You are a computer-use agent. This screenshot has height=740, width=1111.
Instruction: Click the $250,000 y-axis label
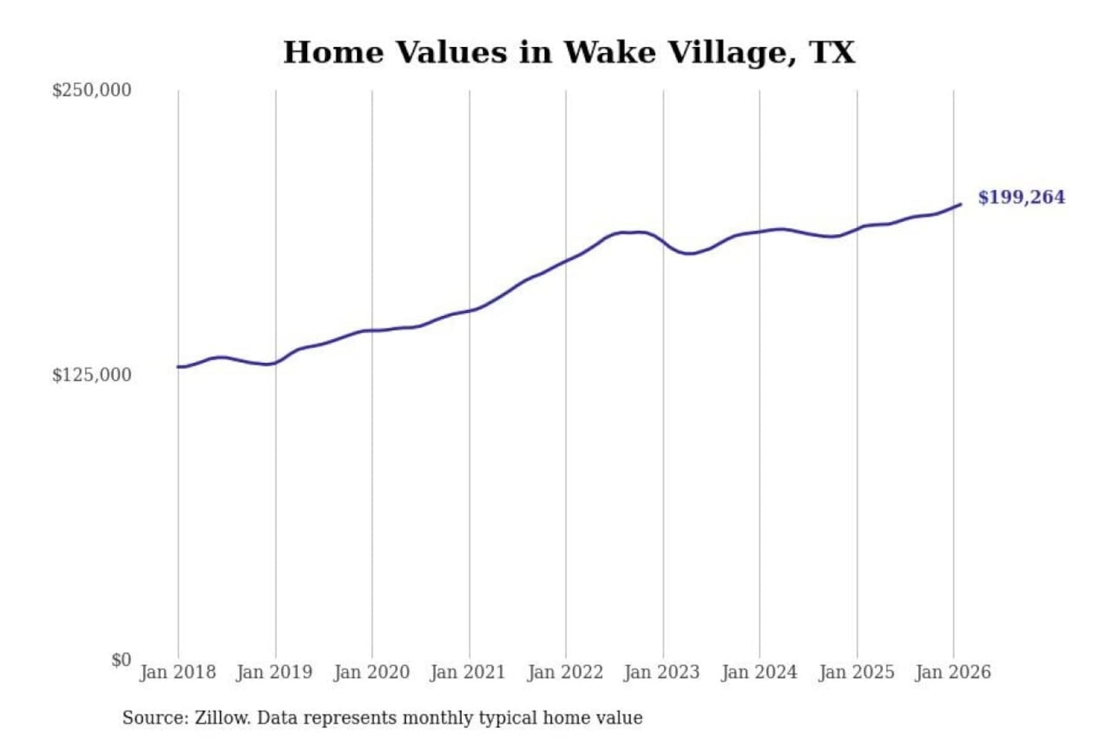[x=92, y=90]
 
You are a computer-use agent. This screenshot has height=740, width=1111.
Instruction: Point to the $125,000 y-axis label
[x=92, y=375]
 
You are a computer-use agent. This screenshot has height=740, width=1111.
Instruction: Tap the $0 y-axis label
[x=121, y=660]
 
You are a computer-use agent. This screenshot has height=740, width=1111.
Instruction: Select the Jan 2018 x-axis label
[x=177, y=672]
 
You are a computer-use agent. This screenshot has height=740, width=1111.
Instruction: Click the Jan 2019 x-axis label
[x=275, y=672]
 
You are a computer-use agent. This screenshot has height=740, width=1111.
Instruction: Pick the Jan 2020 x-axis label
[x=371, y=672]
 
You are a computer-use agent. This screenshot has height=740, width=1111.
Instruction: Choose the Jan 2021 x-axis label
[x=468, y=672]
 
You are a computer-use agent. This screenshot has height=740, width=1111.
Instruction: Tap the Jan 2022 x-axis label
[x=565, y=672]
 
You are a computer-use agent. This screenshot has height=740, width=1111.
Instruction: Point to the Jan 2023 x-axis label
[x=661, y=672]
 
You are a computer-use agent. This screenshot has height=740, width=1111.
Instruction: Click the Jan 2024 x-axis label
[x=758, y=672]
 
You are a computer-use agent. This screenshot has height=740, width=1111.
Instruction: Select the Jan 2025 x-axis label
[x=856, y=672]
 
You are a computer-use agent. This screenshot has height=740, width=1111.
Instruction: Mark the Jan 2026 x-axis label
[x=952, y=672]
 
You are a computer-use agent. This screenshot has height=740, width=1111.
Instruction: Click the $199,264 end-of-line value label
[x=1022, y=197]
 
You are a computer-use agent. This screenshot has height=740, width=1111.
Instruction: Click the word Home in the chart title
[x=333, y=53]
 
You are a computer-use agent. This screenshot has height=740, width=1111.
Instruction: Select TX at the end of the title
[x=832, y=53]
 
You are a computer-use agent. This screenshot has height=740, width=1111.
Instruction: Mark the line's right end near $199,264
[x=960, y=204]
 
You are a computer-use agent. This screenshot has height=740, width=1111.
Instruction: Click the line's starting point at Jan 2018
[x=178, y=367]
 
